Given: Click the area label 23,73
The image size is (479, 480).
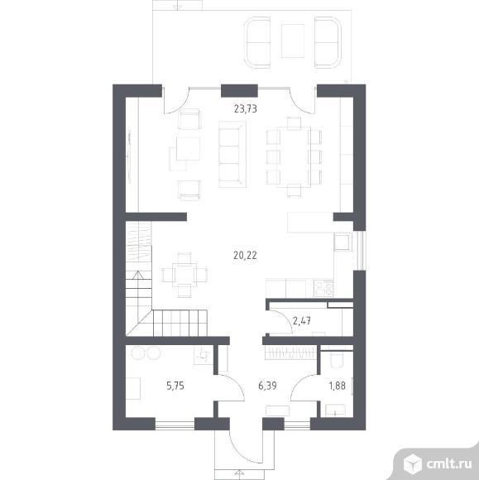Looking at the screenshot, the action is pyautogui.click(x=245, y=108).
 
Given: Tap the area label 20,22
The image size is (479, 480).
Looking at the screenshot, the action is pyautogui.click(x=245, y=255).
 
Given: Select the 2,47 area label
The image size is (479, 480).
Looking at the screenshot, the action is pyautogui.click(x=302, y=321).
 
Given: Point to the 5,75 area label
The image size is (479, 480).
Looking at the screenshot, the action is pyautogui.click(x=175, y=386).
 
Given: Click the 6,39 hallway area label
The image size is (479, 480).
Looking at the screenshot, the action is pyautogui.click(x=267, y=386).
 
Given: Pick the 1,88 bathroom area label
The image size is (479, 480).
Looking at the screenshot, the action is pyautogui.click(x=337, y=386).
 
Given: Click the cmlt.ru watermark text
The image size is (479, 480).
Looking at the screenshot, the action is pyautogui.click(x=449, y=464).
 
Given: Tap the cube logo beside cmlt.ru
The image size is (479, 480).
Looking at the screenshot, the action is pyautogui.click(x=413, y=463).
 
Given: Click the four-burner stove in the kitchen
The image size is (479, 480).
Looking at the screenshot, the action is pyautogui.click(x=323, y=288).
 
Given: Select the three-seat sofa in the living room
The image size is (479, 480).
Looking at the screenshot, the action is pyautogui.click(x=232, y=154).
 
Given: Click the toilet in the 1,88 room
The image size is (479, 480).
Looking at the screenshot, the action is pyautogui.click(x=337, y=360).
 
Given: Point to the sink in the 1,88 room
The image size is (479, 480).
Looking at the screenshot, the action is pyautogui.click(x=335, y=410).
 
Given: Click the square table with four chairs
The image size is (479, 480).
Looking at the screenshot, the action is pyautogui.click(x=184, y=275).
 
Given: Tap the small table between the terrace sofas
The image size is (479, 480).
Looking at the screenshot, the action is pyautogui.click(x=293, y=41).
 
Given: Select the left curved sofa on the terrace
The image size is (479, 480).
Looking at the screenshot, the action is pyautogui.click(x=257, y=42).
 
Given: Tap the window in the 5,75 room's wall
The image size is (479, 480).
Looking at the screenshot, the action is pyautogui.click(x=175, y=425).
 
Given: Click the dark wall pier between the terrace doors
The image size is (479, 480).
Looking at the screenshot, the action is pyautogui.click(x=239, y=91).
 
